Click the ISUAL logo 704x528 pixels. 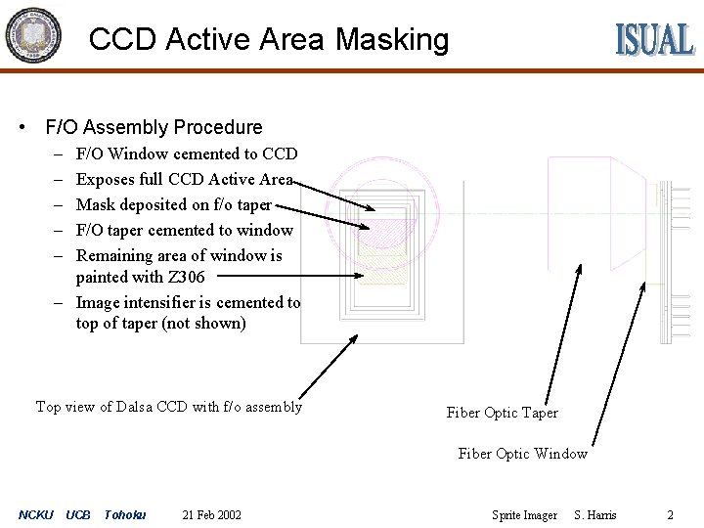(654, 39)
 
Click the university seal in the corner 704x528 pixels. (32, 36)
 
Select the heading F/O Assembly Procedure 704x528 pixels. (154, 127)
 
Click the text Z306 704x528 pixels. (186, 277)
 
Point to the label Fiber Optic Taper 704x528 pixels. (502, 413)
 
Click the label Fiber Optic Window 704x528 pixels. (522, 454)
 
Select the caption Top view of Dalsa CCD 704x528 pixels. (168, 407)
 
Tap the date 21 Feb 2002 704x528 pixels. (212, 515)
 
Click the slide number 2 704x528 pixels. (670, 515)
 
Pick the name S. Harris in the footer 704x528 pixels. (595, 515)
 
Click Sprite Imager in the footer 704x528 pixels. (524, 515)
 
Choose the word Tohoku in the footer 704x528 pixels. (124, 515)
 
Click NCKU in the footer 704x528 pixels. (36, 515)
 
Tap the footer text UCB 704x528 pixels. (78, 515)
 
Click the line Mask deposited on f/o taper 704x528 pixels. (173, 204)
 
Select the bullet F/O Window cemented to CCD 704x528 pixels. (186, 154)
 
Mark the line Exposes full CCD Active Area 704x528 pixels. (184, 179)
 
